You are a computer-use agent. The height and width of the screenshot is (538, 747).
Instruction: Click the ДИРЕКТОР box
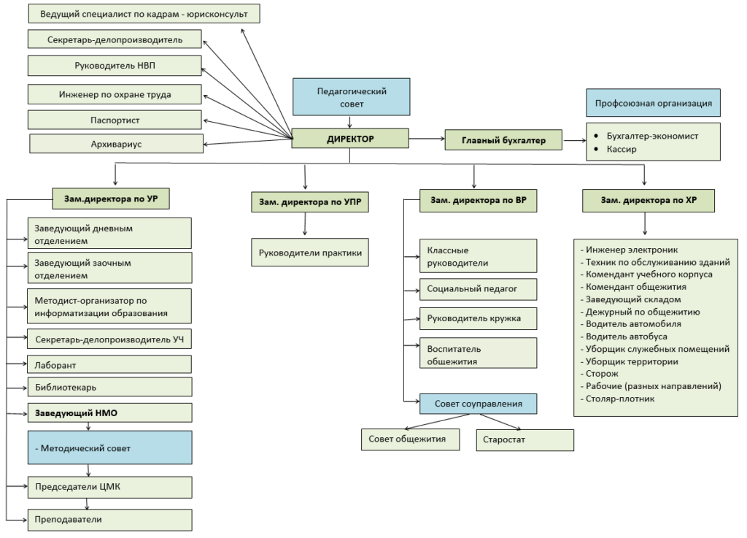(350, 139)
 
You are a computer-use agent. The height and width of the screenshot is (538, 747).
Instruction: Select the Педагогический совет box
(352, 97)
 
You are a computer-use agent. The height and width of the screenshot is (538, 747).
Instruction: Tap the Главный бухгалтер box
(503, 140)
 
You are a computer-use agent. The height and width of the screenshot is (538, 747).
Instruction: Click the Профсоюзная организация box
(653, 103)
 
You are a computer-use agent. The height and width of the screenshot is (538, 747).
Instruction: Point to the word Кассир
(622, 149)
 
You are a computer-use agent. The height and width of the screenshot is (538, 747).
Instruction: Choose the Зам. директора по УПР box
(310, 202)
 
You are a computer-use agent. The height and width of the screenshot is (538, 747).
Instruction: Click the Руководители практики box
(310, 253)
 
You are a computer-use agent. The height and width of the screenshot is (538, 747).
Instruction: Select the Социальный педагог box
(479, 289)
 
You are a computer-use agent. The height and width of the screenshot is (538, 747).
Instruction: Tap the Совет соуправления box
(479, 404)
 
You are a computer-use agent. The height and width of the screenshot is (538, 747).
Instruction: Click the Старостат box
(525, 440)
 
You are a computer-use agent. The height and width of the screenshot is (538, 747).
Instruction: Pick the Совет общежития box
(411, 439)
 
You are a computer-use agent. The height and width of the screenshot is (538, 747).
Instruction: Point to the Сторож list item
(600, 374)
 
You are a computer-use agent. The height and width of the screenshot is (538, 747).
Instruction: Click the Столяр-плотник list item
(617, 399)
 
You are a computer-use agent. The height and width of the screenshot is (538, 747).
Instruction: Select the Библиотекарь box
(109, 388)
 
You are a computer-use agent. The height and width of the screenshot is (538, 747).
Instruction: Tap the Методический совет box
(109, 448)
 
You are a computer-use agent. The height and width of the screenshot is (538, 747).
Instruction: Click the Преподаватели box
(109, 520)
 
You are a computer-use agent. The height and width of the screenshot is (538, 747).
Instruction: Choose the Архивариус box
(116, 144)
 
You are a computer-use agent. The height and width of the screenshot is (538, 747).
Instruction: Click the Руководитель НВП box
(115, 66)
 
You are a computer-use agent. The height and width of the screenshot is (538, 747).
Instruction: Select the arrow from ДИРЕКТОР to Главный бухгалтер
(427, 139)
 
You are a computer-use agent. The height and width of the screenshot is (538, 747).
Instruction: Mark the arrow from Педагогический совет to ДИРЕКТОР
(350, 122)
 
